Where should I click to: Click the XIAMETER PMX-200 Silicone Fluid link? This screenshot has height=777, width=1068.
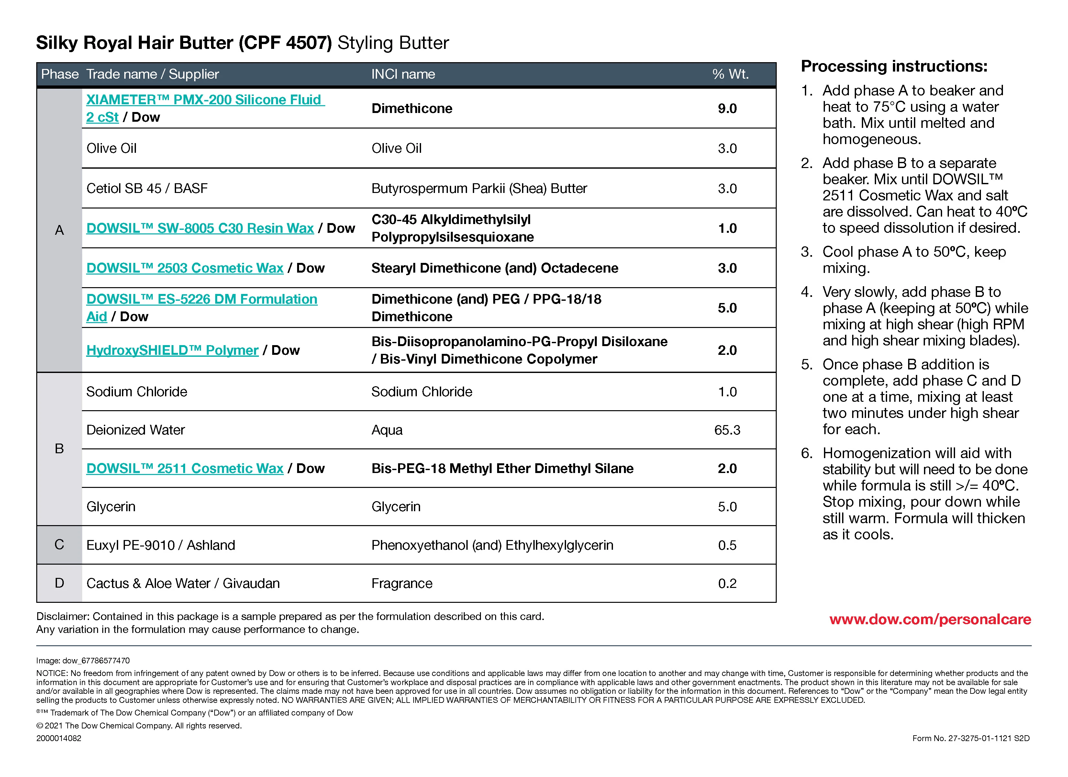click(x=205, y=100)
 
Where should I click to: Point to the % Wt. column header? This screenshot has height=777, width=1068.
click(x=730, y=74)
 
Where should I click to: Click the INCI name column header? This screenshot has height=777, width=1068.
click(x=403, y=74)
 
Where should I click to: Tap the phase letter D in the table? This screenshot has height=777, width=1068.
click(x=59, y=583)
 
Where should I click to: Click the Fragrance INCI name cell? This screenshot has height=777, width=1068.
click(x=402, y=583)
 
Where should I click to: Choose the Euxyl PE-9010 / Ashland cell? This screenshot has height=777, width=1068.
click(x=161, y=545)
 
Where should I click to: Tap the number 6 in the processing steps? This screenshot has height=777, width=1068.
click(x=806, y=453)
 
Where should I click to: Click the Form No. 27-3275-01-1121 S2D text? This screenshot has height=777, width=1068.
click(x=971, y=738)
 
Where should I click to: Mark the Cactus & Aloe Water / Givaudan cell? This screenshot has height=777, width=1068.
click(x=183, y=583)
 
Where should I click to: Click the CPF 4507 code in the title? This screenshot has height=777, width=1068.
click(x=285, y=43)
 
